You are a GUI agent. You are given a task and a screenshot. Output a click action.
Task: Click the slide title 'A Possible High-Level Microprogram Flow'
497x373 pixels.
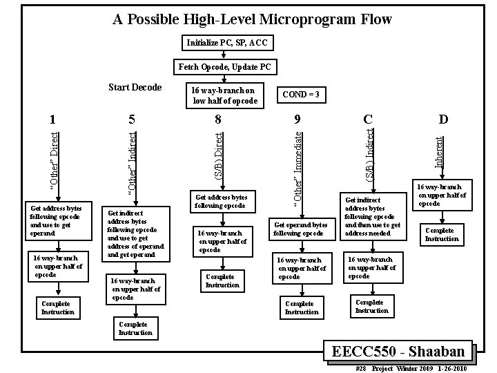point(252,19)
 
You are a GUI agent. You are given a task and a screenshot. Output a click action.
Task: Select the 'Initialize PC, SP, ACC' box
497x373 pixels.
point(227,44)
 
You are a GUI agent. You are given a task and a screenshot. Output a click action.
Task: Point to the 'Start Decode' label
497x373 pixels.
point(135,88)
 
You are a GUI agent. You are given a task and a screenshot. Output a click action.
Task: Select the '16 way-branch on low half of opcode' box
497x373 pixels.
point(222,95)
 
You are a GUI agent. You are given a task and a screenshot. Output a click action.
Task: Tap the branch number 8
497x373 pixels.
point(218,118)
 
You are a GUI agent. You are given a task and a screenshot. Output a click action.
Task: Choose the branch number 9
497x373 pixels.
point(298,118)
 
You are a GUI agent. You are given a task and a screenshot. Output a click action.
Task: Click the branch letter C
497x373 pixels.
point(369,118)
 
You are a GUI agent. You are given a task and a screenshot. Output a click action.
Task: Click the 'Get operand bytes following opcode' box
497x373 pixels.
point(301,229)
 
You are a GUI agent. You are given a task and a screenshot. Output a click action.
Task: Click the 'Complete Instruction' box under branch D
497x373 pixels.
point(442,234)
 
